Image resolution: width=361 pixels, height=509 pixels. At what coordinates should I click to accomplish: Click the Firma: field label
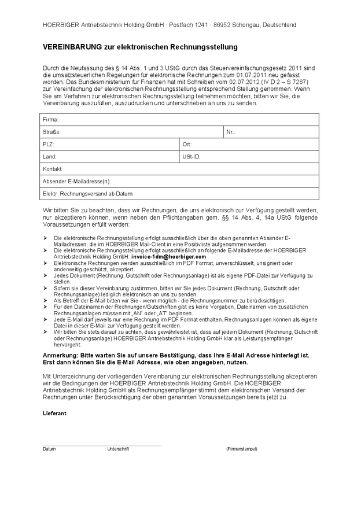pos(50,120)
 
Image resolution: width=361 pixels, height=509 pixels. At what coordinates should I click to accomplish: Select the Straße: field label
pos(51,132)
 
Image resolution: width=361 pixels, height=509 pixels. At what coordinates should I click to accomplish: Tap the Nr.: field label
pos(231,132)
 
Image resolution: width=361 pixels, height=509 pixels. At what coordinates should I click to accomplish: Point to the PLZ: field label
pos(49,144)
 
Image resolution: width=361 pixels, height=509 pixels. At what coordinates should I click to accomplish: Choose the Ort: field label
pos(187,144)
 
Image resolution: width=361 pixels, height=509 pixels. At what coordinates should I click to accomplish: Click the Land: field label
pos(50,156)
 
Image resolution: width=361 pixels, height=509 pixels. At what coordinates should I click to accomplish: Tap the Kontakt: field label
pos(53,169)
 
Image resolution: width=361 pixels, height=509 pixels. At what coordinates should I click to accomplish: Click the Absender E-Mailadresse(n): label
pos(76,181)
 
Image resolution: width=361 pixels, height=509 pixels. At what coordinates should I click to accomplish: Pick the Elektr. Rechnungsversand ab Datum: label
pos(88,193)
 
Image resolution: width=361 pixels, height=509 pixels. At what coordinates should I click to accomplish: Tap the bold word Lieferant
pos(55,414)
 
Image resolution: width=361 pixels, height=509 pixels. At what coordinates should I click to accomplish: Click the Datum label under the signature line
pos(49,449)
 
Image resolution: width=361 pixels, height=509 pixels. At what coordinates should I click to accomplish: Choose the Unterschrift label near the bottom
pos(118,449)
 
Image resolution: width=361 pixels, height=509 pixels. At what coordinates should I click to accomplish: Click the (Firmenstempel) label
pos(242,449)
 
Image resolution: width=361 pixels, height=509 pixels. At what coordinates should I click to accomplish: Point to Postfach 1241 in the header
pos(187,25)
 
